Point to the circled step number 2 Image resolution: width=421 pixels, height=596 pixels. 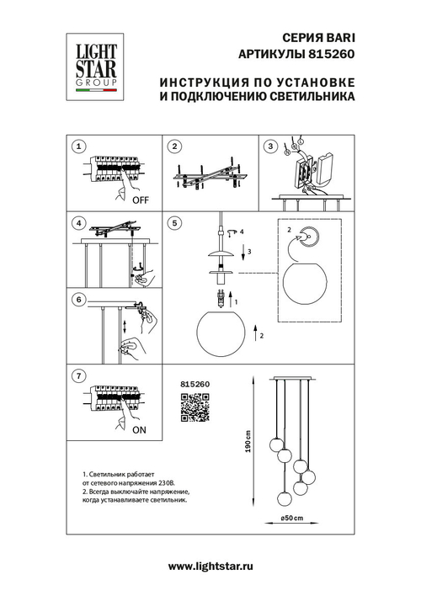pos(173,146)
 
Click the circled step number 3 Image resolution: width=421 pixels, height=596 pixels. pos(270,146)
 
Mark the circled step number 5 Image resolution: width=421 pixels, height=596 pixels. pos(173,223)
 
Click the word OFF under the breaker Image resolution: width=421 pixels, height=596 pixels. pos(141,201)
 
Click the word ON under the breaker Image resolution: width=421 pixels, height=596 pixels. pos(141,428)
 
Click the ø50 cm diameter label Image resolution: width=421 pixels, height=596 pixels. pos(292,516)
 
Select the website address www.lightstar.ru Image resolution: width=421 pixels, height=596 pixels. pos(210,569)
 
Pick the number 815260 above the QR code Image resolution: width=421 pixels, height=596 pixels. pos(195,384)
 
